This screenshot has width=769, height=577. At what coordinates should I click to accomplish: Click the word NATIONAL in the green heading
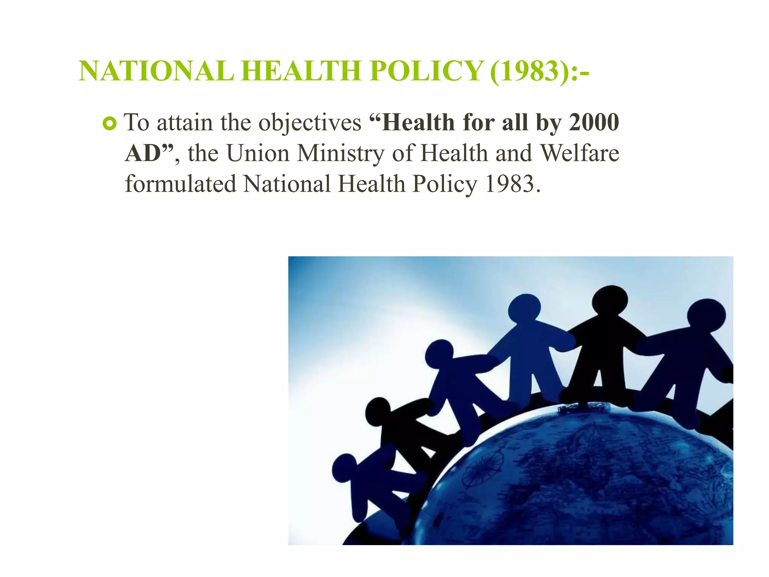(x=156, y=71)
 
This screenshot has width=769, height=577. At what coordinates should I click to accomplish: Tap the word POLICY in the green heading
(x=427, y=71)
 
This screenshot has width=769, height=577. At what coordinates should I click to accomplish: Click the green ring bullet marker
(x=110, y=124)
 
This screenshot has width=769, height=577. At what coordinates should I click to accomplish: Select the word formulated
(x=181, y=184)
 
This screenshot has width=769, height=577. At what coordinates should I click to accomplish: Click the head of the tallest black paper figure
(x=609, y=301)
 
